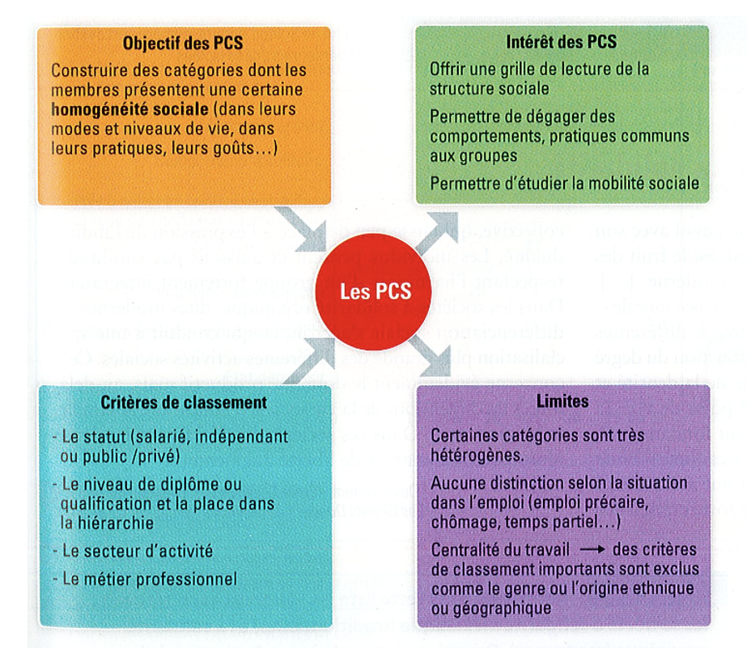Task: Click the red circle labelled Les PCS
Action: pos(374,289)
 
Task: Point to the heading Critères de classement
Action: pos(185,402)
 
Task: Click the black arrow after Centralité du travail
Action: pos(588,550)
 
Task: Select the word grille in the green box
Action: pos(520,69)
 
